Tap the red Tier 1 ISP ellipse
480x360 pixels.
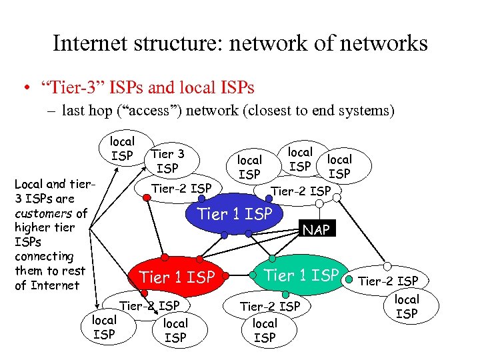pyautogui.click(x=177, y=276)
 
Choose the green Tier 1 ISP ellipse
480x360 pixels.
pyautogui.click(x=302, y=274)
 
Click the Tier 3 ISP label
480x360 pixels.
pyautogui.click(x=168, y=161)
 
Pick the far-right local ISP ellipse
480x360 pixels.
pyautogui.click(x=407, y=307)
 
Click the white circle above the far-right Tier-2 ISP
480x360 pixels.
pyautogui.click(x=387, y=266)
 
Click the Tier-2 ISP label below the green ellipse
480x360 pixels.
pyautogui.click(x=270, y=307)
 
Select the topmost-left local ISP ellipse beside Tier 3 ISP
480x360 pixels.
pyautogui.click(x=122, y=148)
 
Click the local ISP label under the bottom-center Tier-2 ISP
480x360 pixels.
pyautogui.click(x=175, y=330)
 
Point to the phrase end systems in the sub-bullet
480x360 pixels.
pyautogui.click(x=358, y=111)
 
